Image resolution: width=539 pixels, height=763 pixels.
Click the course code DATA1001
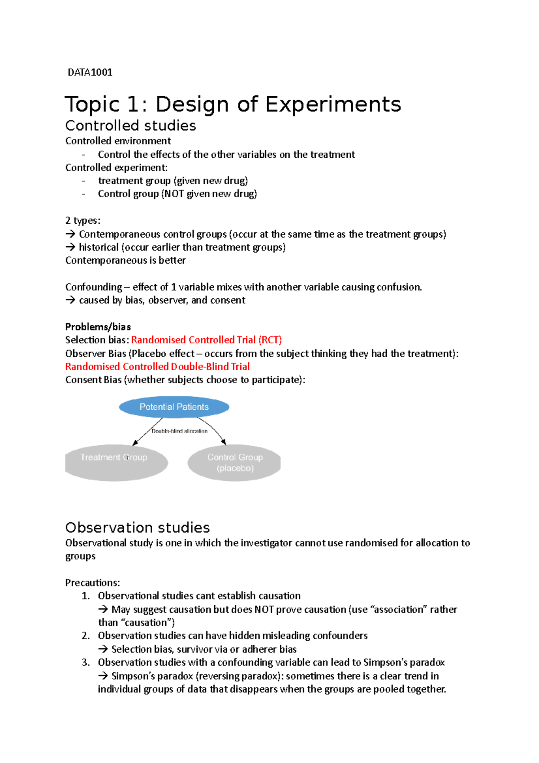pos(90,72)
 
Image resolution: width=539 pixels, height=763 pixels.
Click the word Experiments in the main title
pos(333,105)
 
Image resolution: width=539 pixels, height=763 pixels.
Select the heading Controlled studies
pos(130,125)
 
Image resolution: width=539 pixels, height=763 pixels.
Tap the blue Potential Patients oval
pos(174,407)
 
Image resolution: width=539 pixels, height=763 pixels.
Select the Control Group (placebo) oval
pos(234,463)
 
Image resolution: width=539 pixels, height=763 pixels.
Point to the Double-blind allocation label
pos(179,431)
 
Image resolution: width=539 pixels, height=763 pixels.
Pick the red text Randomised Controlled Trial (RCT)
pos(206,340)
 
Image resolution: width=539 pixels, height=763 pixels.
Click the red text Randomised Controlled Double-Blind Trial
pos(157,367)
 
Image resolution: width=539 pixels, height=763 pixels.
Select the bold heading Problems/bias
pos(98,327)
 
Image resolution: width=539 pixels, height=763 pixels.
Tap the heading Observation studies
pos(137,528)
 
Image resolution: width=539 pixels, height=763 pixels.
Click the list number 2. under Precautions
pos(86,636)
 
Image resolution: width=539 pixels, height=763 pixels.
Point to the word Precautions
pos(92,583)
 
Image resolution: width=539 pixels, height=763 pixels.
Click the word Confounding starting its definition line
pos(93,287)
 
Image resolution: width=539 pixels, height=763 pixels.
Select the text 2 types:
pos(83,221)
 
